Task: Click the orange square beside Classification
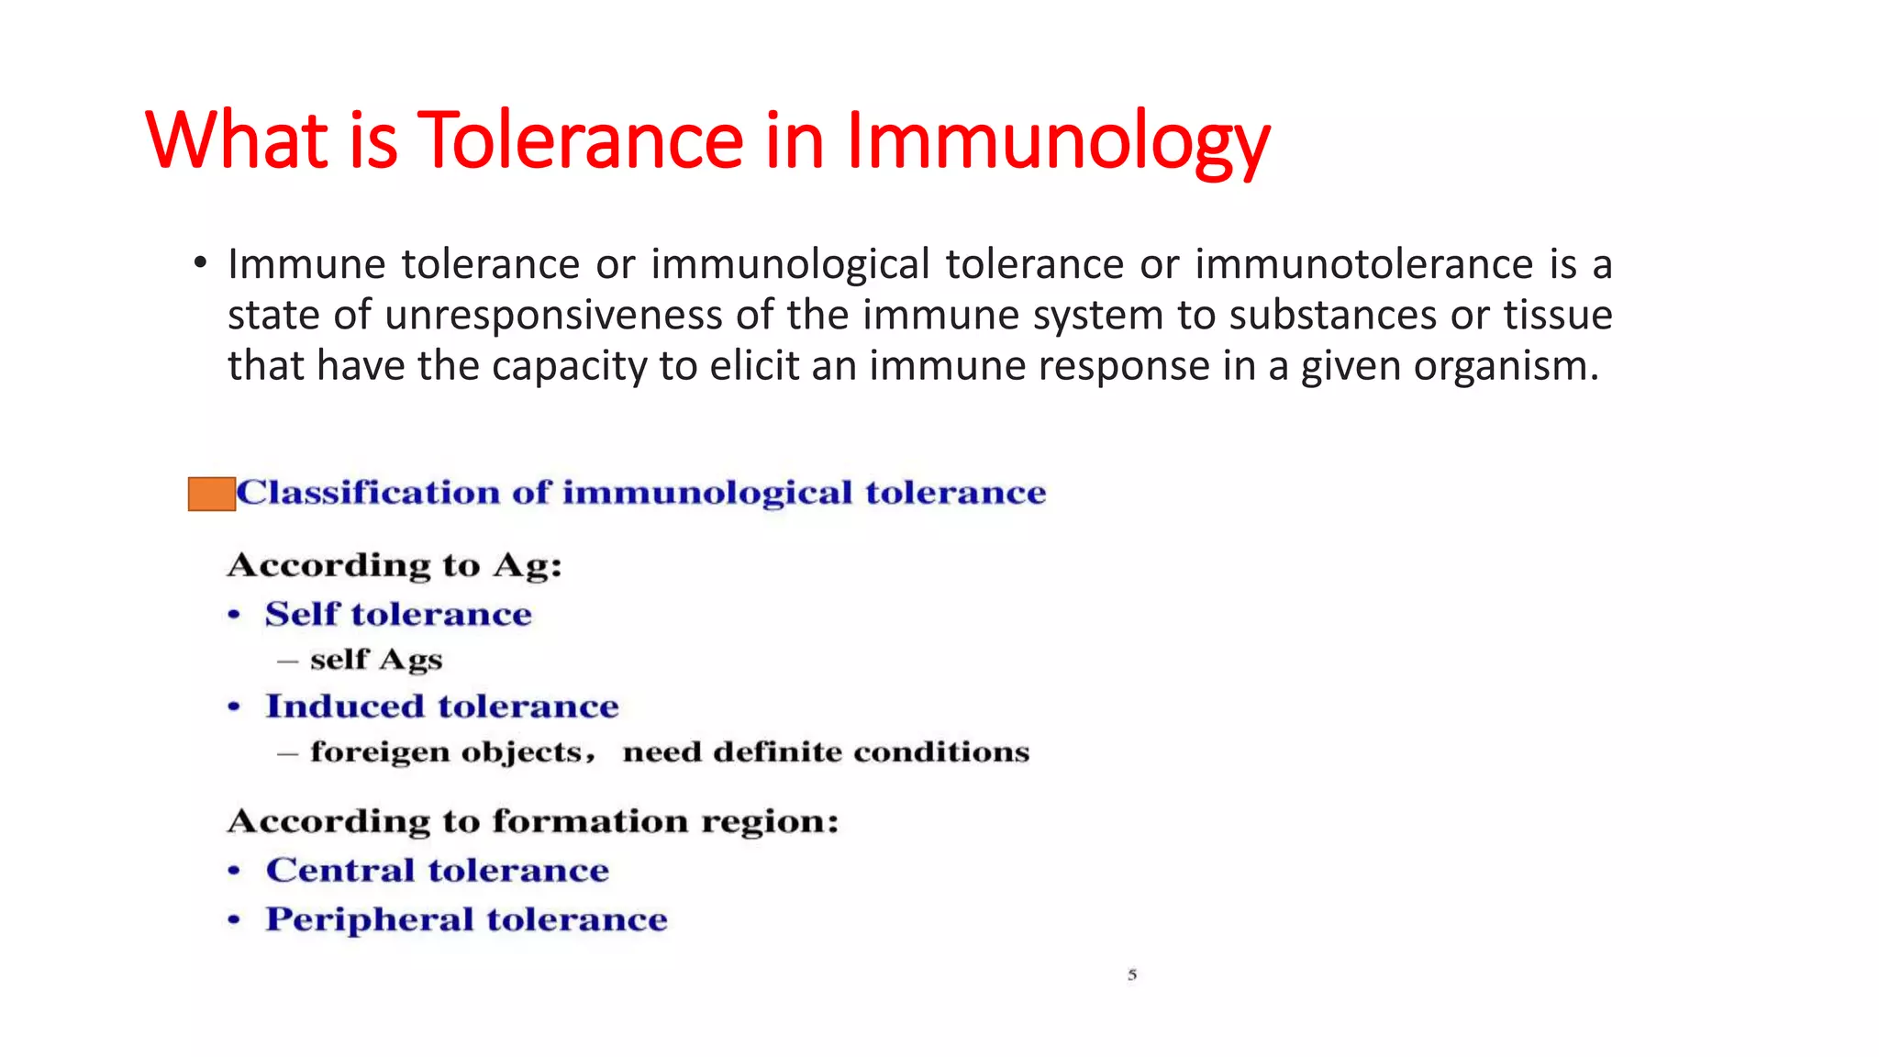(211, 494)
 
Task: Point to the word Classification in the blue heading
(367, 493)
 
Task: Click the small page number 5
(1132, 974)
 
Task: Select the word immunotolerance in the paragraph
(1363, 264)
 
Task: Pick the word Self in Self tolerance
(302, 614)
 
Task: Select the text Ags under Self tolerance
(410, 660)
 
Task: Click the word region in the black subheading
(769, 821)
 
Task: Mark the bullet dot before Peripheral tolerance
(235, 919)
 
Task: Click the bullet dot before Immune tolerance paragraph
(200, 264)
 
